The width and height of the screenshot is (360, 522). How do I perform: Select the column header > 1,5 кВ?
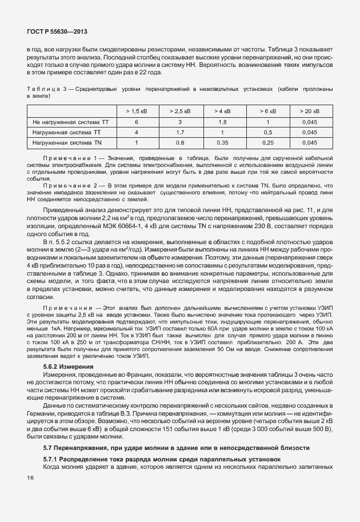click(x=137, y=111)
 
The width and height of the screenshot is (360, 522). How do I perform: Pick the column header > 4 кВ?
click(x=223, y=111)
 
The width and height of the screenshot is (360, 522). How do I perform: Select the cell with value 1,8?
click(x=223, y=122)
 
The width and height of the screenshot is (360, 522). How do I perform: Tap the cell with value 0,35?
click(x=223, y=142)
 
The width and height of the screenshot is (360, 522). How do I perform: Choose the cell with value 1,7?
click(x=179, y=132)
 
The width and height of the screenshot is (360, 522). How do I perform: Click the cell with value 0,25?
click(x=267, y=142)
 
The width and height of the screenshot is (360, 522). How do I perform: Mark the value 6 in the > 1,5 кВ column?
click(x=137, y=122)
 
